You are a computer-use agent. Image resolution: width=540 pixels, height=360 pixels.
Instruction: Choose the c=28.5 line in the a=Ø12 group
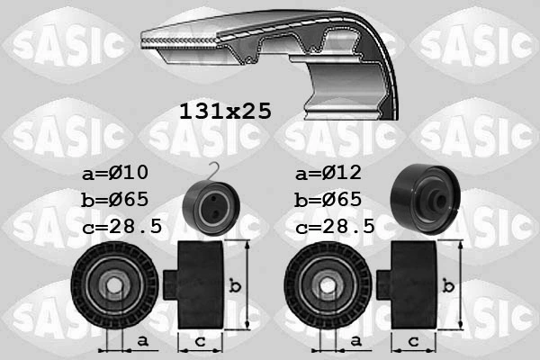tap(335, 228)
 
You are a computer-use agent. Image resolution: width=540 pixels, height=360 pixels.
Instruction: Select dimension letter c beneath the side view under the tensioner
tap(199, 341)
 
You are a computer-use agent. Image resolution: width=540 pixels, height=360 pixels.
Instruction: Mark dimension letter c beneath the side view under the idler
tap(414, 341)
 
